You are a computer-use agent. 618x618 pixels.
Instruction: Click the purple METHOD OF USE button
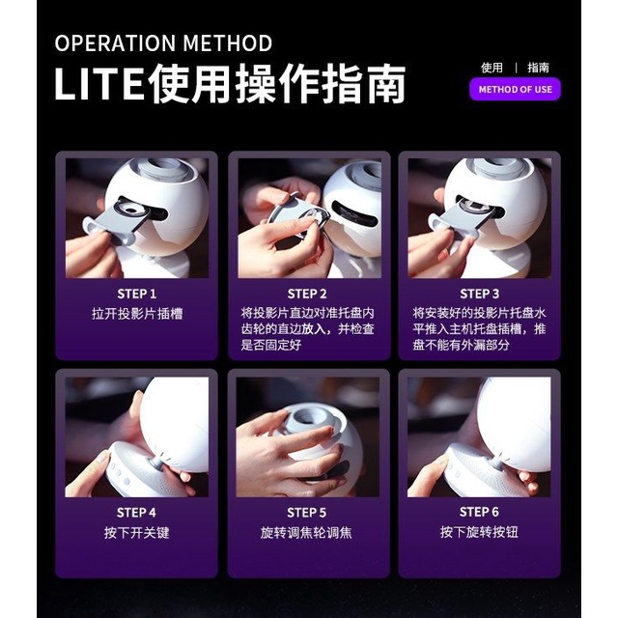[515, 90]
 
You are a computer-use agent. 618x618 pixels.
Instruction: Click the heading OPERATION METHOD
[163, 43]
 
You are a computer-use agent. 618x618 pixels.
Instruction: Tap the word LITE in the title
[98, 84]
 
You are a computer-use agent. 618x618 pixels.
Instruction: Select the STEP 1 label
[137, 294]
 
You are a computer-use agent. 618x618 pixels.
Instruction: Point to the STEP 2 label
[307, 294]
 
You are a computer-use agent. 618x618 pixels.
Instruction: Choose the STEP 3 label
[479, 294]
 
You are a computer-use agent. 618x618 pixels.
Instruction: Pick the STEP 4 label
[136, 513]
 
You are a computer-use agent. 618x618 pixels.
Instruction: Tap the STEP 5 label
[307, 513]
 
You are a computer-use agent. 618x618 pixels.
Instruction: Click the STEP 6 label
[479, 512]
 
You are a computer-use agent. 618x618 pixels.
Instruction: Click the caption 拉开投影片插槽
[137, 314]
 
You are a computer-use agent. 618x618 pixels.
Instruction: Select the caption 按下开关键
[137, 533]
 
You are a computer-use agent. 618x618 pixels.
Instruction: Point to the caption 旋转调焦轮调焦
[306, 533]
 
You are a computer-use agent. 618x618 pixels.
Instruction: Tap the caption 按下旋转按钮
[479, 532]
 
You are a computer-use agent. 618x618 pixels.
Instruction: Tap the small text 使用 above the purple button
[492, 68]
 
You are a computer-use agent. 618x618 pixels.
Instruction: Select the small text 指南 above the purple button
[538, 68]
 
